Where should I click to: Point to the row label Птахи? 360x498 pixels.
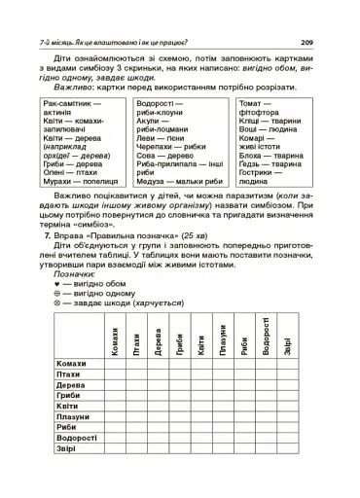[x=69, y=374]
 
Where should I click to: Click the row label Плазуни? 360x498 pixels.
[x=73, y=416]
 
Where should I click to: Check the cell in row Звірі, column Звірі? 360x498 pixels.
[x=288, y=448]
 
